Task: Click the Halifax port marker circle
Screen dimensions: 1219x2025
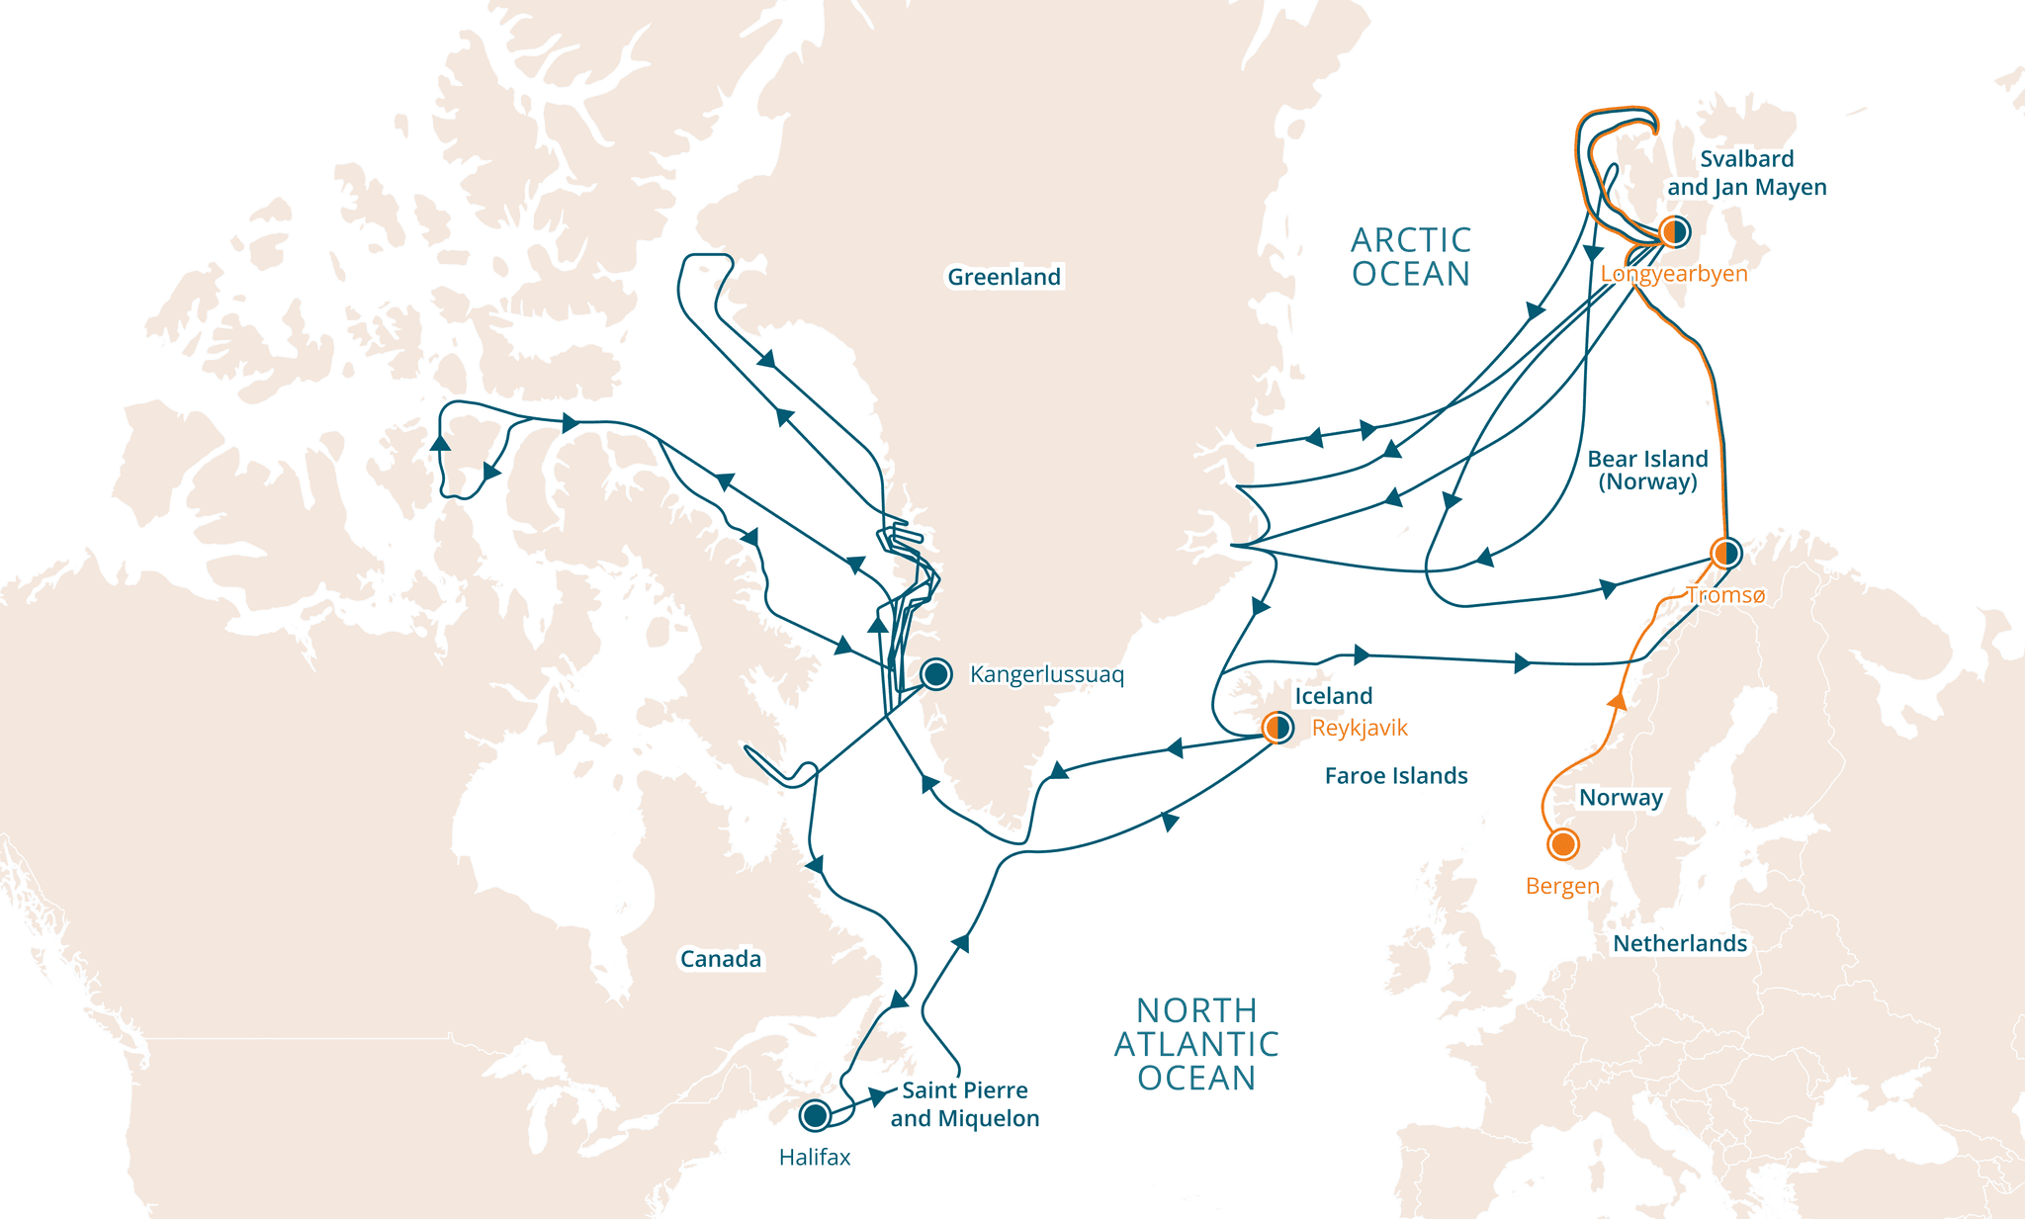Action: tap(815, 1115)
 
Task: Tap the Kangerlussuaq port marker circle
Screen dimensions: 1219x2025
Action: tap(935, 674)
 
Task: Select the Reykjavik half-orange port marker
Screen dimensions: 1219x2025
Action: tap(1277, 729)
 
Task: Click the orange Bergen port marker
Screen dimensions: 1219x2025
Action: tap(1562, 844)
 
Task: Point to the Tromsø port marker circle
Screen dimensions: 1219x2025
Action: tap(1726, 553)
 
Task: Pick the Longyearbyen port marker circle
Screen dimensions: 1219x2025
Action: tap(1674, 232)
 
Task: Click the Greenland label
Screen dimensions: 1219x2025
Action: tap(1004, 277)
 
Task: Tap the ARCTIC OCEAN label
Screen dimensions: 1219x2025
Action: tap(1411, 257)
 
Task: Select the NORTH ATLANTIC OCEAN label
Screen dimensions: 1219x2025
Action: tap(1196, 1044)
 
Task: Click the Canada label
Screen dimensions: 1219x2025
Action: tap(720, 959)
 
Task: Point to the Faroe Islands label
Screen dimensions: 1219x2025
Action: tap(1395, 776)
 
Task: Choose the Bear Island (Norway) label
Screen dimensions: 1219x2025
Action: tap(1647, 471)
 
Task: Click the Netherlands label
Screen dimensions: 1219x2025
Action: tap(1679, 944)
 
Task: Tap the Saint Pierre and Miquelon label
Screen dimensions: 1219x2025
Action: tap(964, 1104)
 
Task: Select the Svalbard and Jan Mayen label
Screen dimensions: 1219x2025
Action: tap(1746, 173)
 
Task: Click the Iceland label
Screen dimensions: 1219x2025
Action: tap(1333, 696)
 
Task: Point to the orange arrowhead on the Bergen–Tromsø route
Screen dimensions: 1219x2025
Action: tap(1617, 701)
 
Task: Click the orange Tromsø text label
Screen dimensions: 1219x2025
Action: tap(1724, 595)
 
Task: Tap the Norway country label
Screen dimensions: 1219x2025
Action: tap(1621, 798)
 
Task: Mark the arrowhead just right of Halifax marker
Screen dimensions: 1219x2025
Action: tap(877, 1096)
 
